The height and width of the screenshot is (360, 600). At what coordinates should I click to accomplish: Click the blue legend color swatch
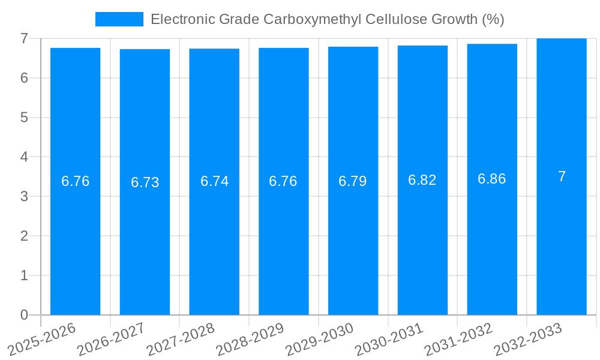coord(119,19)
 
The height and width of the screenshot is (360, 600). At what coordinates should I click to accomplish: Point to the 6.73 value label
coord(145,182)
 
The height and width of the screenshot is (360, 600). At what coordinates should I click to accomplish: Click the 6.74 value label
coord(214,181)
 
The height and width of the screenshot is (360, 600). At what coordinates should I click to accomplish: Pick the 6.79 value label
coord(353,181)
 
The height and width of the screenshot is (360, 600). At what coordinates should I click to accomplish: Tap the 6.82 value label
coord(422,180)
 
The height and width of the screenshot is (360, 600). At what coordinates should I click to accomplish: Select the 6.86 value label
coord(492,179)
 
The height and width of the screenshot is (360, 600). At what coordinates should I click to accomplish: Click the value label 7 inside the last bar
coord(562,176)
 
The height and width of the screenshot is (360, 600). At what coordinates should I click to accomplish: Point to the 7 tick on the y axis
coord(24,38)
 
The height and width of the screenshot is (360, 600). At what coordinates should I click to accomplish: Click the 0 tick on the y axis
coord(24,315)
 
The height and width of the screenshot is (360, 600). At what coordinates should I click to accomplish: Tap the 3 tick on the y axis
coord(24,196)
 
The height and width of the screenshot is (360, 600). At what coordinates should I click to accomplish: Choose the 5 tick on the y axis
coord(24,118)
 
